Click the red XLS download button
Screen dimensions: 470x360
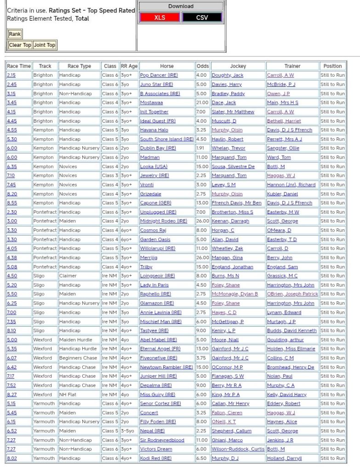160,17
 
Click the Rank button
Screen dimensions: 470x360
15,34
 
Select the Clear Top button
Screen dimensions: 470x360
20,45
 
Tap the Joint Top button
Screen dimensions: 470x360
45,45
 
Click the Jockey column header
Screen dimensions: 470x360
238,66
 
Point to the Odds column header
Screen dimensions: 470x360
202,66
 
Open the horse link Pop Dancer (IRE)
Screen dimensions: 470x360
159,75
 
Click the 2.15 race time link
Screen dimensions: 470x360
11,75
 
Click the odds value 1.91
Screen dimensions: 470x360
201,148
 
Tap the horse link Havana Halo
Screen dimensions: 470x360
154,130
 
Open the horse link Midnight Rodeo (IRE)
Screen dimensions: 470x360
163,221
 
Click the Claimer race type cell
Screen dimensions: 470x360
68,276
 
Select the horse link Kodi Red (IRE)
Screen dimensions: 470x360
155,459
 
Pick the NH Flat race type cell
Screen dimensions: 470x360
69,395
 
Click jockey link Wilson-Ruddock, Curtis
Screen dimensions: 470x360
238,449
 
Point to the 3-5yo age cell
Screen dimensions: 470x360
128,431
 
